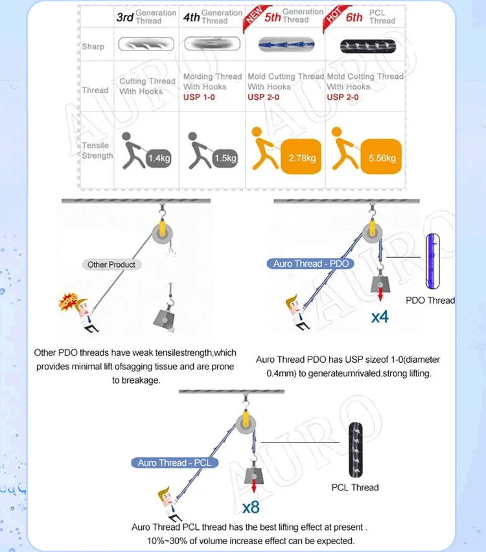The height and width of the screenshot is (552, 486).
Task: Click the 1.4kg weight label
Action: click(157, 157)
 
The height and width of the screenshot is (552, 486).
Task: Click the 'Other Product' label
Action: click(112, 264)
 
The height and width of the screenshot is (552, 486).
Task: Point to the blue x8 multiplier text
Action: click(251, 507)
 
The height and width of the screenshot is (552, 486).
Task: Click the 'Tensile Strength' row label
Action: click(97, 150)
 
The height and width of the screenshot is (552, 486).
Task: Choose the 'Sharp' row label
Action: click(93, 47)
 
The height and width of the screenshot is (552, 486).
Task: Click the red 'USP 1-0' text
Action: click(200, 97)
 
